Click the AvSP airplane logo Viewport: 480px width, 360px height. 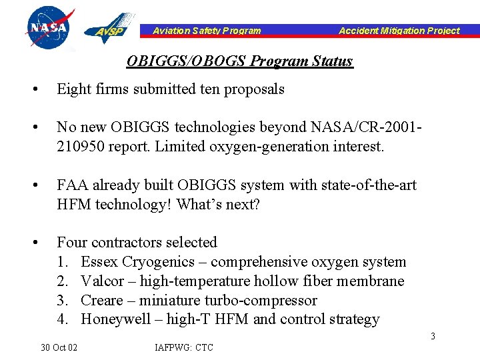(x=108, y=28)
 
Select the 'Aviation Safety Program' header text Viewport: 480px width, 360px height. (x=207, y=31)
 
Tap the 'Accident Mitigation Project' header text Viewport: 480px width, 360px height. (x=399, y=31)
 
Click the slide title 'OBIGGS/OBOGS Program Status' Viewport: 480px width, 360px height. (x=239, y=61)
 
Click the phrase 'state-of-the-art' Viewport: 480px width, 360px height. (x=371, y=185)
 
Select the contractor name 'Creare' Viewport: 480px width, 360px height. (x=102, y=300)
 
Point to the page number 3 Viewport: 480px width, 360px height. (x=433, y=336)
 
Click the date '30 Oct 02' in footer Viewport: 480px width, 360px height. (x=59, y=347)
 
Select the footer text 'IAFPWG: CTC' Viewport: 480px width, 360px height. (x=184, y=347)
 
